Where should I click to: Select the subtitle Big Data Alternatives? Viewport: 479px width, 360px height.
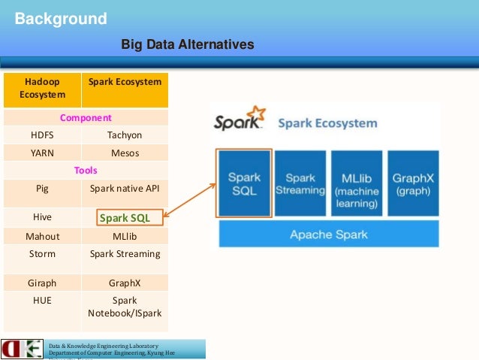pos(188,46)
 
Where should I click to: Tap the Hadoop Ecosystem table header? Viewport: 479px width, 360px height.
pos(42,88)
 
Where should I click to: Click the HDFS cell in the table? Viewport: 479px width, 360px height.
pos(42,135)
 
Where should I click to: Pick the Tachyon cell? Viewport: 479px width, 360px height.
pos(125,135)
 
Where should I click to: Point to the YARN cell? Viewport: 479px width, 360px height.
pos(42,153)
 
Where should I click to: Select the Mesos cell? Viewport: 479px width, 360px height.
pos(125,153)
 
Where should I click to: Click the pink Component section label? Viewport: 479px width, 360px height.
pos(86,118)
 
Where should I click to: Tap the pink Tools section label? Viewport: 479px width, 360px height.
pos(86,171)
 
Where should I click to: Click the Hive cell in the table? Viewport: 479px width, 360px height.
pos(42,217)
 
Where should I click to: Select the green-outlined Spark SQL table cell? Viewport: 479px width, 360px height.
pos(125,218)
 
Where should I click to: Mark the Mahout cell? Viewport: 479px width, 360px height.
pos(42,236)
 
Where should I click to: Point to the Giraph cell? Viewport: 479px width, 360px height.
pos(42,284)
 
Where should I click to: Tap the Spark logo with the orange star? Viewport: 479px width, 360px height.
pos(239,121)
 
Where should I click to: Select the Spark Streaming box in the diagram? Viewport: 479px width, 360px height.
pos(300,184)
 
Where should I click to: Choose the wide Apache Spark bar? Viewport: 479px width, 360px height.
pos(329,234)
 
